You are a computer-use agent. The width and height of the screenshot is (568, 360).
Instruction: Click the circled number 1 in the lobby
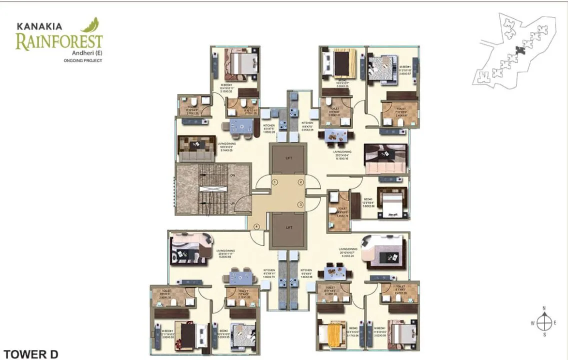click(x=275, y=182)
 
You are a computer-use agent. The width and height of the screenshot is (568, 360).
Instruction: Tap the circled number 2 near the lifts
click(x=300, y=182)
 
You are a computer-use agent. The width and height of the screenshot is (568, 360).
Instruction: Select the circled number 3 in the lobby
click(x=300, y=204)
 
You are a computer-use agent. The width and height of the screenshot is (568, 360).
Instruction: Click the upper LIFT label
click(x=288, y=158)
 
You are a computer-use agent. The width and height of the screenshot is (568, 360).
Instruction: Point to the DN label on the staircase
click(x=232, y=175)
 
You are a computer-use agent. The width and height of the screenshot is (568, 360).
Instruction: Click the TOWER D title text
click(x=30, y=354)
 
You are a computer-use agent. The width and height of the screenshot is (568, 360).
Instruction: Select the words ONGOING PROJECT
click(x=83, y=60)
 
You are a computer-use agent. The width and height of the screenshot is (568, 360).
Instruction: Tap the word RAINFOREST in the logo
click(x=59, y=42)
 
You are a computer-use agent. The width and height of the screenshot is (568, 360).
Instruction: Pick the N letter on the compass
click(x=544, y=308)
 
